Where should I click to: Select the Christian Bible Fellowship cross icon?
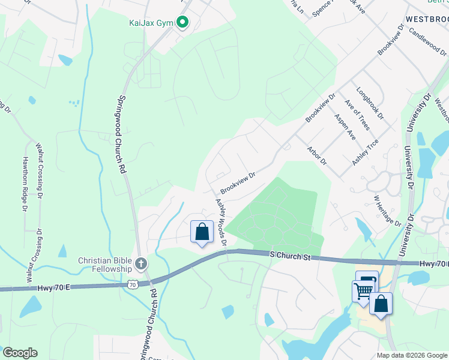pos(140,263)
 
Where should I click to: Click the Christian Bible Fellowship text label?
pos(104,265)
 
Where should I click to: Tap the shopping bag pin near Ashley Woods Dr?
pos(202,232)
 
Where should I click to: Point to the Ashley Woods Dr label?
pos(221,222)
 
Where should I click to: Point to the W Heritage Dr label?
pos(387,210)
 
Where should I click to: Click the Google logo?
pos(20,353)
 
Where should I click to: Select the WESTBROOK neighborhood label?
pos(426,19)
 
